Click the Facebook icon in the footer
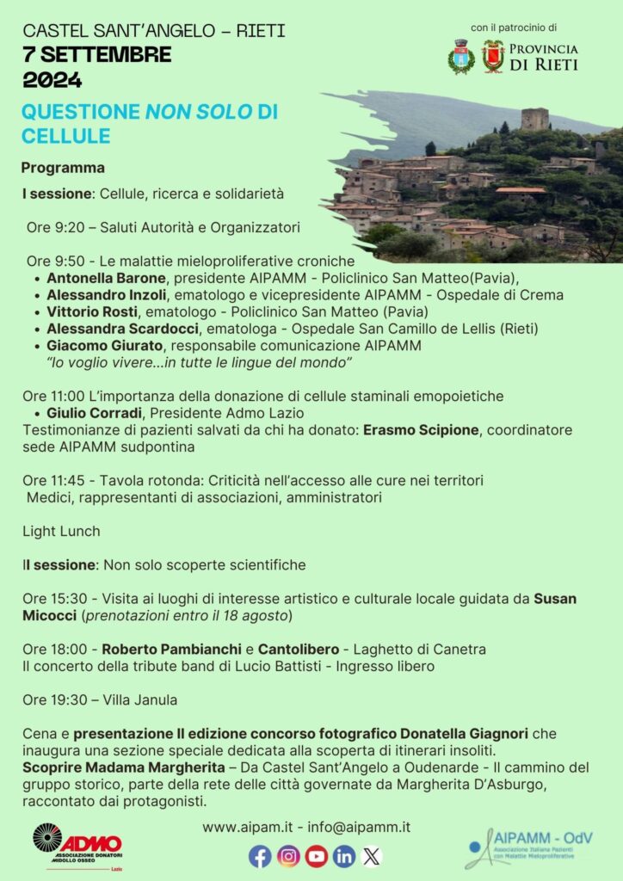tap(261, 856)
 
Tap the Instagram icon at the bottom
tap(289, 856)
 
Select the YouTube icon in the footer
tap(317, 856)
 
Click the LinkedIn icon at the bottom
tap(344, 856)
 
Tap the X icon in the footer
tap(371, 856)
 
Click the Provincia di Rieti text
tap(544, 57)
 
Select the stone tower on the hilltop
tap(534, 119)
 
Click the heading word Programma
tap(64, 168)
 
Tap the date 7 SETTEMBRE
tap(96, 55)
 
